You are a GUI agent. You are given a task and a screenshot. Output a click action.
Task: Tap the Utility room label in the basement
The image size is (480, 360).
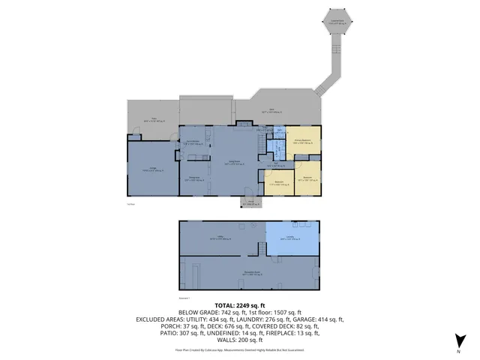(222, 238)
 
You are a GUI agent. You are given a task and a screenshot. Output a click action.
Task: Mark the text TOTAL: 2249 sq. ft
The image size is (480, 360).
(239, 305)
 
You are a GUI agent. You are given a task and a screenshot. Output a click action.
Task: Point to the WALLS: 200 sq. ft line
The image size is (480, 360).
(239, 340)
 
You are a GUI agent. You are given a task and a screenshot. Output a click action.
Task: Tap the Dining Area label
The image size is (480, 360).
(193, 178)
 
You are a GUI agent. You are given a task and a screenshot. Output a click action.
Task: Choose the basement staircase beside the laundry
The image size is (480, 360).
(260, 249)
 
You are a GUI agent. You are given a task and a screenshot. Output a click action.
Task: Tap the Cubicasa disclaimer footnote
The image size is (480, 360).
(239, 349)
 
